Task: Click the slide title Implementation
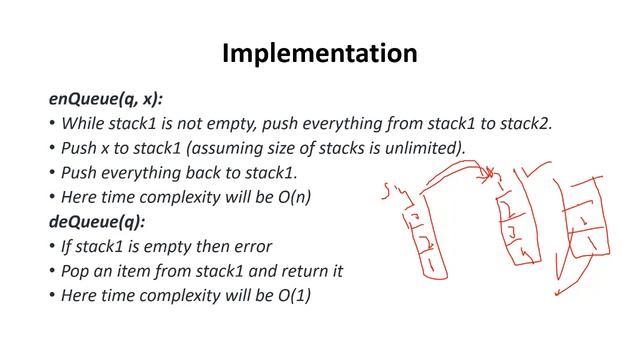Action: [x=319, y=51]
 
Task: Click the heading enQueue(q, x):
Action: [x=106, y=99]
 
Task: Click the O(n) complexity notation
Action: [x=293, y=197]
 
